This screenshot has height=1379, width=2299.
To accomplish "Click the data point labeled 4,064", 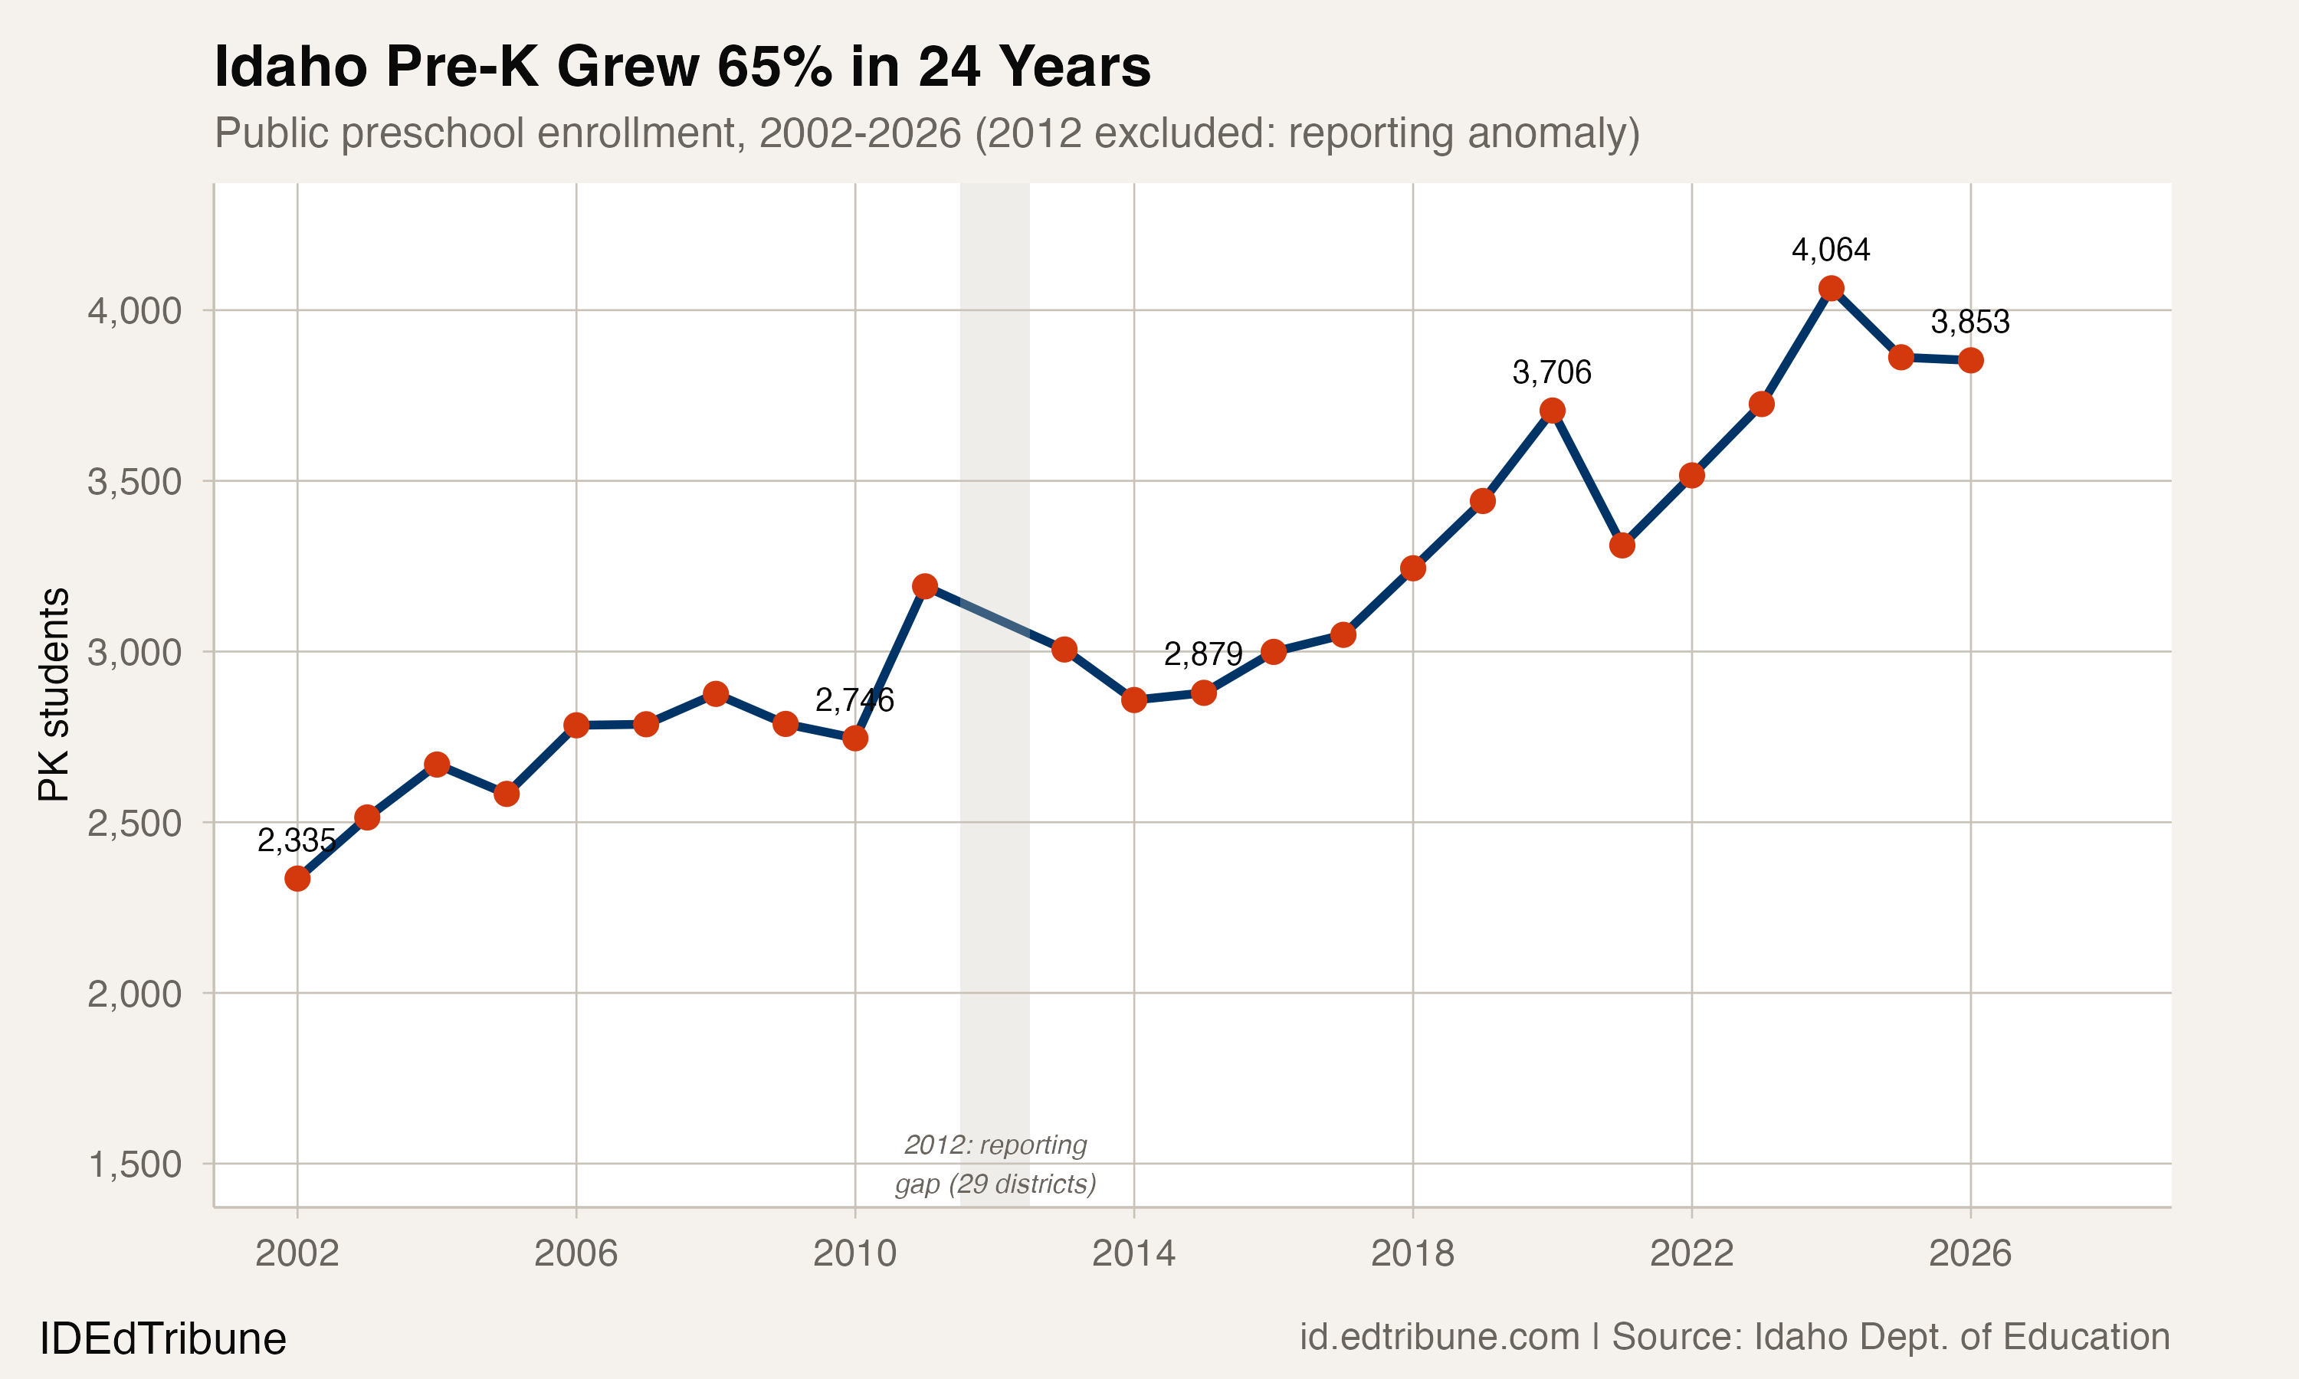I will [1831, 288].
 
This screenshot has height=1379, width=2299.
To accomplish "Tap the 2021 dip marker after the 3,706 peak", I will [1622, 545].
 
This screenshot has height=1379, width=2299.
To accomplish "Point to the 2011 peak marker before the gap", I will [925, 585].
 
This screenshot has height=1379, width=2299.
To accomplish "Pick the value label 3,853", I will [1970, 323].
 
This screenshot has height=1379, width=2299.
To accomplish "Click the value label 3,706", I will [1551, 372].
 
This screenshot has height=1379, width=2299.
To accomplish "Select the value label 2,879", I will [1202, 654].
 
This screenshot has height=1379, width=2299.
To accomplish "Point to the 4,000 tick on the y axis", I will [135, 310].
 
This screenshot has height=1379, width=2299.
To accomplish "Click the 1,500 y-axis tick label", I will [135, 1164].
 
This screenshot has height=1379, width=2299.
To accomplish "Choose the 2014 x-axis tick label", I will [1133, 1253].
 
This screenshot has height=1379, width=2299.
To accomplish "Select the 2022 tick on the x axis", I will [1691, 1253].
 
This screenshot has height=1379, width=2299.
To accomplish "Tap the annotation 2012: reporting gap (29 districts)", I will [995, 1164].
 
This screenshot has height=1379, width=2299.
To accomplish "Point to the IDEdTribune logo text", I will [162, 1339].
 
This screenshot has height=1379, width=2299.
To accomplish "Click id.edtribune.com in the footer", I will [1438, 1337].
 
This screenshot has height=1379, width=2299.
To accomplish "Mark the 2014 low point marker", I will [1133, 699].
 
